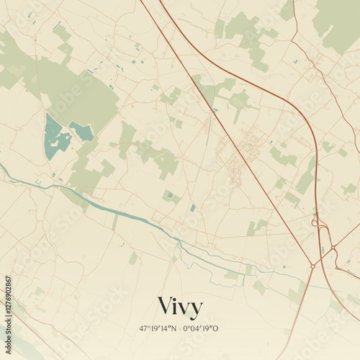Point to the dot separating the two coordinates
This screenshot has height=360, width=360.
181,328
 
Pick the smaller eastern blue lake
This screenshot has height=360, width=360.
81,131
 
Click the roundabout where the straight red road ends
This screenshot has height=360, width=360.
312,266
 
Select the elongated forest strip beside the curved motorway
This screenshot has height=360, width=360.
306,176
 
